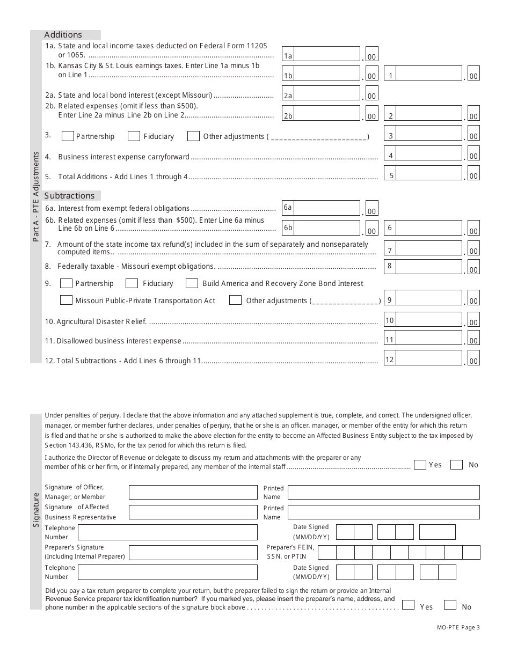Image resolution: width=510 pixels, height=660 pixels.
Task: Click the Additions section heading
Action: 63,35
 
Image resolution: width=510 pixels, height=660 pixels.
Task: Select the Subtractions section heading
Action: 69,196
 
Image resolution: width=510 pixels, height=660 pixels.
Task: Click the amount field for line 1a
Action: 327,54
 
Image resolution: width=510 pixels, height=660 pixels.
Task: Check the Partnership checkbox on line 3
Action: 68,136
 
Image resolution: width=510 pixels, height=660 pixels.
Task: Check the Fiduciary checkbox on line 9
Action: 132,283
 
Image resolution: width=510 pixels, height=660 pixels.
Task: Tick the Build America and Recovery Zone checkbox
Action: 192,283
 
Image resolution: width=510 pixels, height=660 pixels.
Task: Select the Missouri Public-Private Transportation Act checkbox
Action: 66,300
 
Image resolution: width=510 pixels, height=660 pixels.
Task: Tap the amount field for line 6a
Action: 327,208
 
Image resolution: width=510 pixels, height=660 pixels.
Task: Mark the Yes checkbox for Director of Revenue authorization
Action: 420,465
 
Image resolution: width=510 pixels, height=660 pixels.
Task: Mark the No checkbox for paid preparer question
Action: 450,605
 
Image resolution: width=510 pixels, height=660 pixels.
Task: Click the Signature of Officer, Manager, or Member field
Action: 193,493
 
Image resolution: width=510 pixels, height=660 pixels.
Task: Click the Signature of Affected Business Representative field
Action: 193,512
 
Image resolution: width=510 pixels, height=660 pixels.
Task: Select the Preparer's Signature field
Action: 193,553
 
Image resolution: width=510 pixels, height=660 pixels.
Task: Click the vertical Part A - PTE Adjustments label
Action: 36,196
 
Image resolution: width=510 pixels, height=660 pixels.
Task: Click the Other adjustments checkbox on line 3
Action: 193,136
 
